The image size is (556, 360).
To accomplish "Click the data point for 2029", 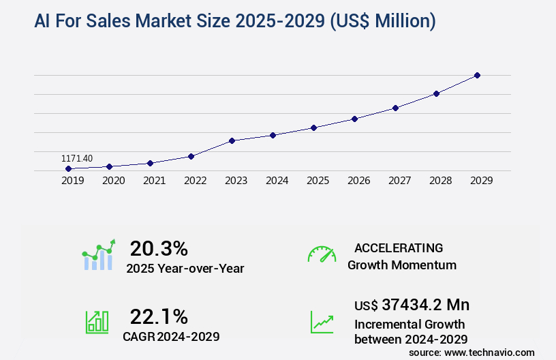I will click(x=477, y=75).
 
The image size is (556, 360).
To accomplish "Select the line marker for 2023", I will click(x=232, y=140).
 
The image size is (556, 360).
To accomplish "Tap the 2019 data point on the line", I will click(x=68, y=168).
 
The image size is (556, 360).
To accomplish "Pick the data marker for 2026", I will click(x=354, y=119).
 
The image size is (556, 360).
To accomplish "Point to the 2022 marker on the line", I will click(x=191, y=156).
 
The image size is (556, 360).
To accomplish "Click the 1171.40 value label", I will click(x=77, y=158).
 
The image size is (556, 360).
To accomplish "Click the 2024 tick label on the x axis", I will click(x=277, y=181).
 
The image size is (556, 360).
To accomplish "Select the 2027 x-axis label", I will click(x=399, y=181).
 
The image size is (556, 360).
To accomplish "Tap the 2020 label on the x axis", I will click(x=113, y=181).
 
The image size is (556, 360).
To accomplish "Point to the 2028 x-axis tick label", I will click(x=440, y=181).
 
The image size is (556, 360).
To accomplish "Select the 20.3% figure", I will click(x=159, y=248).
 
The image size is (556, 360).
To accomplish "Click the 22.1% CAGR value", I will click(x=159, y=316).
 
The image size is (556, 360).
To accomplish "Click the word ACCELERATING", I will click(x=399, y=248).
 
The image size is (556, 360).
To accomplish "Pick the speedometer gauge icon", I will click(x=322, y=254).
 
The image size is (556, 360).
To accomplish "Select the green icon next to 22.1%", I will click(x=96, y=322).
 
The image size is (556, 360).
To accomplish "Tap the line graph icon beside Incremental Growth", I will click(x=322, y=322).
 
